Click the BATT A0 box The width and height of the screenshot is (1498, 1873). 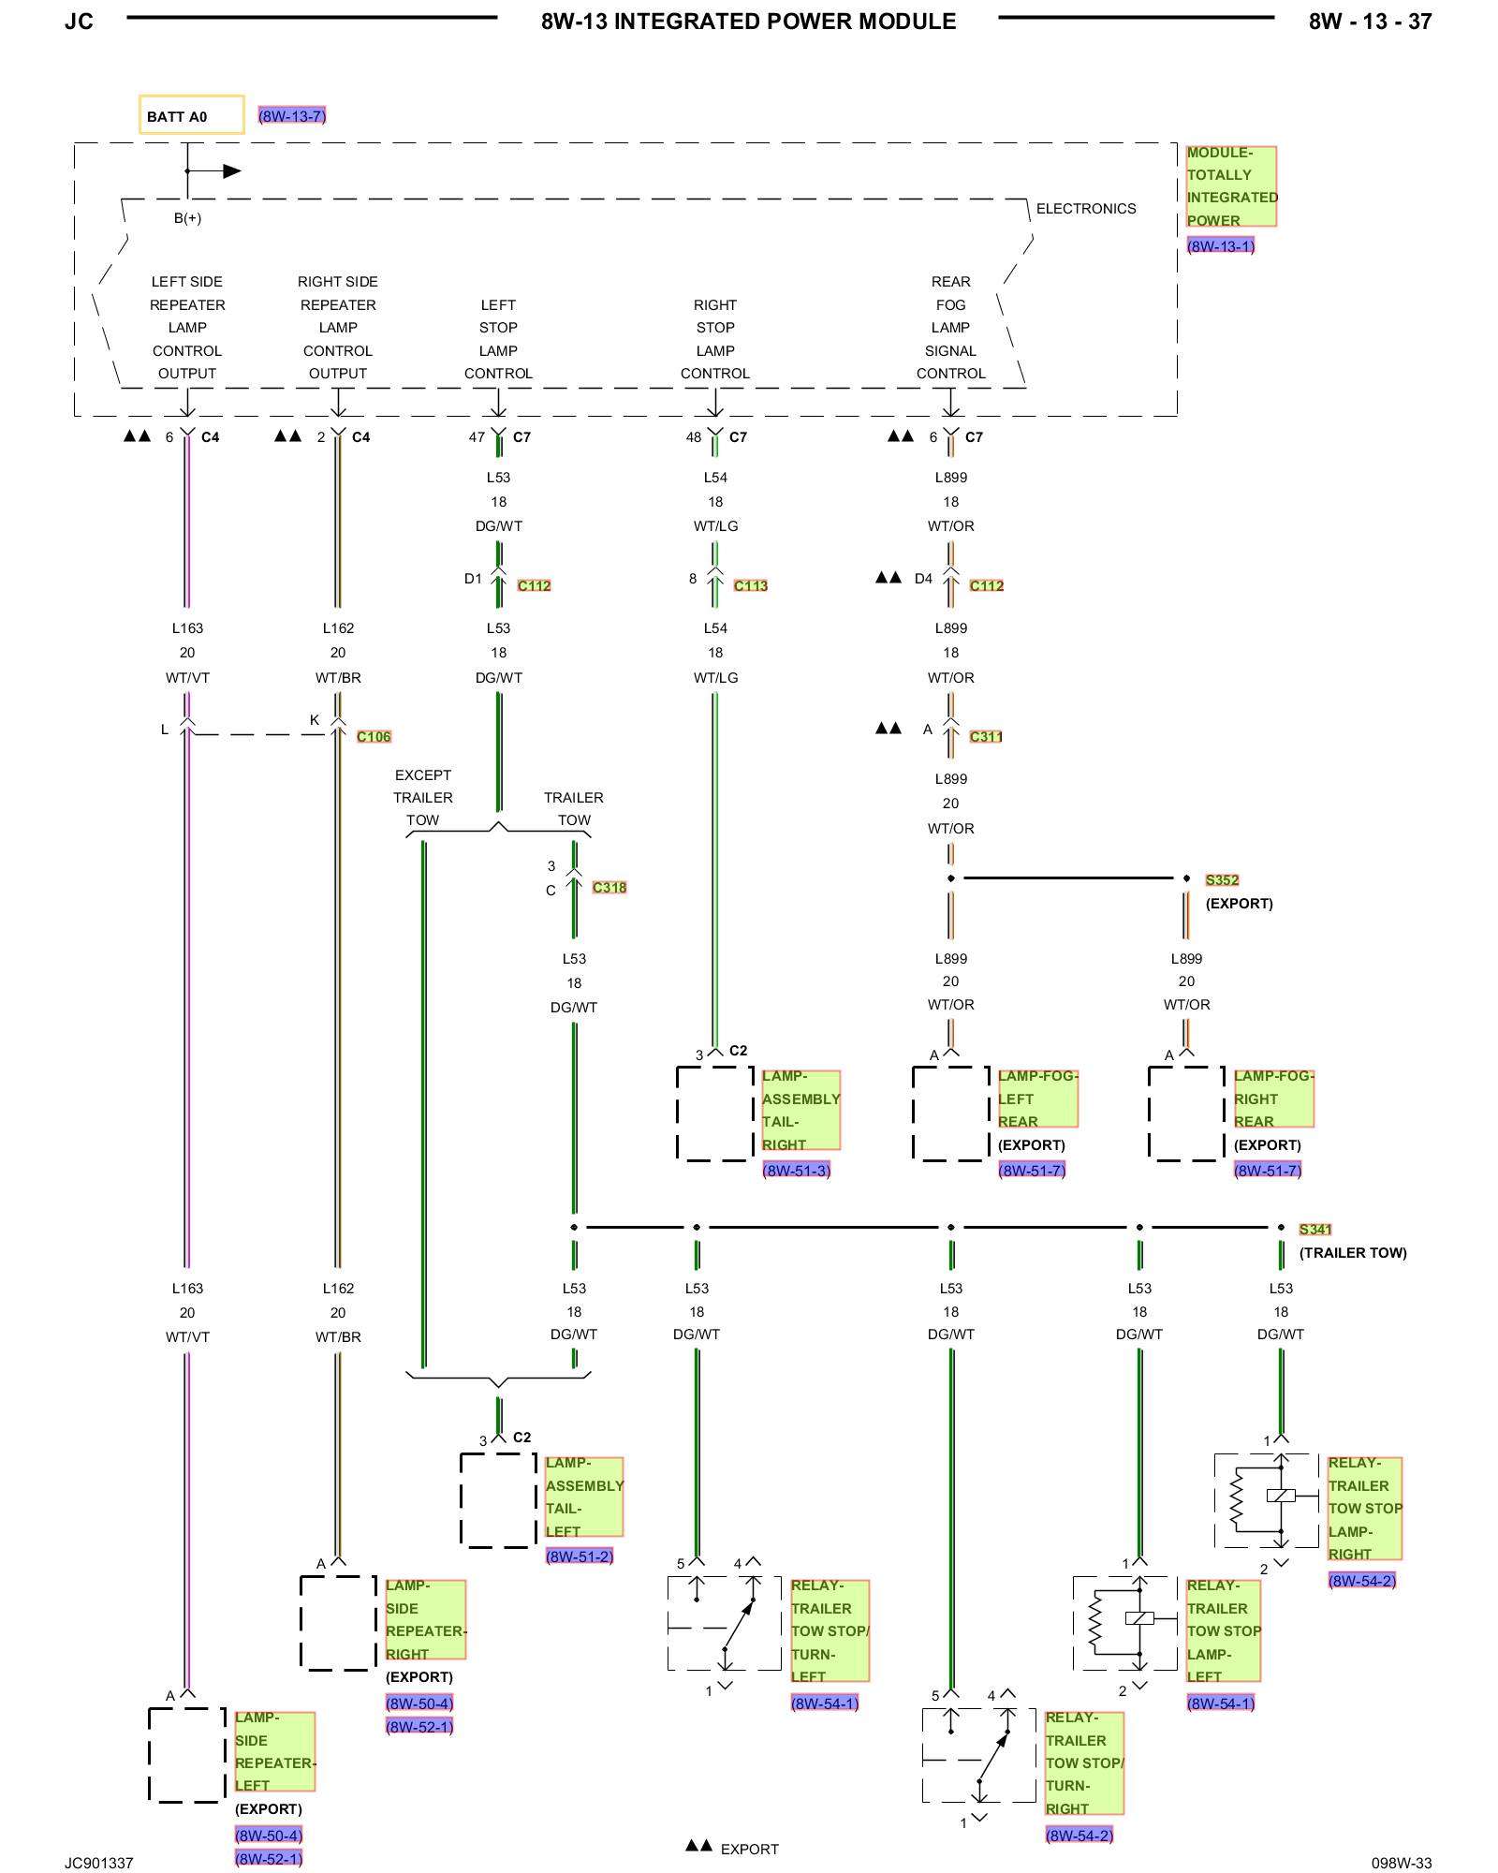point(192,115)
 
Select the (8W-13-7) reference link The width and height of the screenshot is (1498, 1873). point(292,116)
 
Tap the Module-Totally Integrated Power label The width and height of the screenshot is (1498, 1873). point(1231,186)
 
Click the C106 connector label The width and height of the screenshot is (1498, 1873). point(374,737)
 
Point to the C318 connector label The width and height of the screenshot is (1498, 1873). point(609,888)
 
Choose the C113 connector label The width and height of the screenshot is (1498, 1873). point(751,586)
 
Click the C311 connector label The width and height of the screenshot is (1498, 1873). point(986,737)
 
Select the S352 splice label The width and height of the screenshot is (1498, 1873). point(1222,880)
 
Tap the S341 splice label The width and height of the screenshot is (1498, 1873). point(1315,1230)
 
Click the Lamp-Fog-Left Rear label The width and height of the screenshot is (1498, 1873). point(1038,1099)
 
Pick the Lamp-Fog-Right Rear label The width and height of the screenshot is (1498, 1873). point(1274,1099)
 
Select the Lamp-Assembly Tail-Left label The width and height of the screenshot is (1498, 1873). point(584,1497)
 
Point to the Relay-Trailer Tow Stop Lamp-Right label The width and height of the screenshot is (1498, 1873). point(1365,1508)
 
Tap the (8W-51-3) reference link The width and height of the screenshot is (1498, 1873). point(797,1171)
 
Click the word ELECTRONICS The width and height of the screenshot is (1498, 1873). point(1086,209)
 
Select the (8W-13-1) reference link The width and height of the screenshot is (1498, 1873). point(1221,246)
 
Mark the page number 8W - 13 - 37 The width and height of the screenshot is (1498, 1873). point(1371,22)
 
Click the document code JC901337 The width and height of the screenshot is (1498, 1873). point(99,1863)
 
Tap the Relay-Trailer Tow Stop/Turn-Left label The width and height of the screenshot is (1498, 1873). point(830,1630)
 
